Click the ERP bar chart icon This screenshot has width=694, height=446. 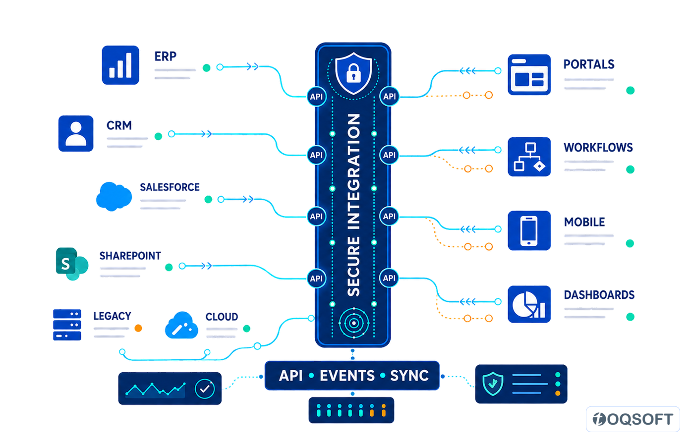(x=120, y=65)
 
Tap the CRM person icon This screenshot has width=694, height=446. (x=76, y=133)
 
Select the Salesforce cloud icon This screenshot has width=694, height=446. (x=114, y=197)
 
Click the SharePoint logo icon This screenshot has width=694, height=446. (x=72, y=264)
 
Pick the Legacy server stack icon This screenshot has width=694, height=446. (x=67, y=325)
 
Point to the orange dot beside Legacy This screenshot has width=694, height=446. (x=138, y=328)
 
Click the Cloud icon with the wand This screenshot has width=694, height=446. (x=181, y=325)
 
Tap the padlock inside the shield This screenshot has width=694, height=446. (x=353, y=73)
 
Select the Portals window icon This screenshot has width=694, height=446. (x=529, y=75)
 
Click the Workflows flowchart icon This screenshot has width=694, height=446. (x=529, y=157)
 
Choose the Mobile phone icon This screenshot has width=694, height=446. (x=529, y=231)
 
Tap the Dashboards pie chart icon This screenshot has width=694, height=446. (x=529, y=304)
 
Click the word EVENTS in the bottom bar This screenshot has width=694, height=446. (x=347, y=376)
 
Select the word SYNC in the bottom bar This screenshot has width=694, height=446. (x=409, y=376)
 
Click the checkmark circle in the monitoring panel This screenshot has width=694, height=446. (x=205, y=389)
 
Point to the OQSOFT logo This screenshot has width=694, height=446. (x=633, y=419)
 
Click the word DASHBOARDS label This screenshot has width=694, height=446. (x=599, y=295)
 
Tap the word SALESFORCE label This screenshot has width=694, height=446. (x=170, y=187)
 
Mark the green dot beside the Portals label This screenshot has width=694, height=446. (x=630, y=90)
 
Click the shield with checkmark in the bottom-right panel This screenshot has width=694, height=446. (x=493, y=384)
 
